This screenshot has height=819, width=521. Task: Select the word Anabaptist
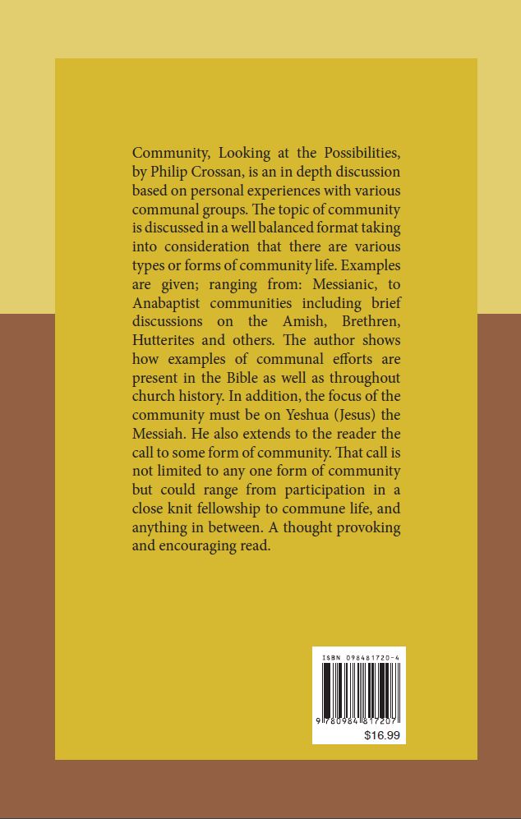(x=169, y=303)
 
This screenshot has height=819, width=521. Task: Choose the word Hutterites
(x=168, y=340)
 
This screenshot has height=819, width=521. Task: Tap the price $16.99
(x=381, y=735)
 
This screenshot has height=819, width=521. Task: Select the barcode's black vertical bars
(x=359, y=688)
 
